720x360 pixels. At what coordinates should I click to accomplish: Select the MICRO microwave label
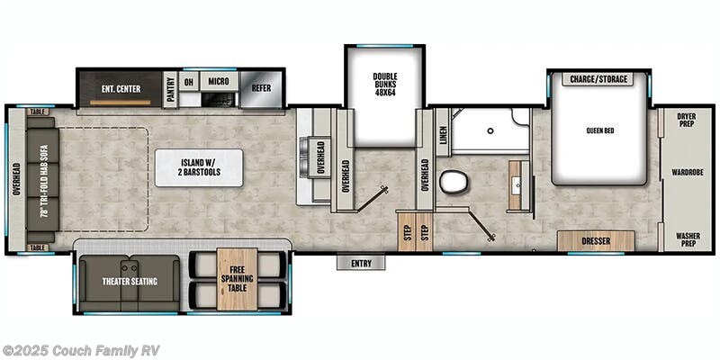(x=218, y=80)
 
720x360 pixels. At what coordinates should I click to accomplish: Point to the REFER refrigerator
(x=261, y=87)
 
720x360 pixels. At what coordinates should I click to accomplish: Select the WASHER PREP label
(x=688, y=240)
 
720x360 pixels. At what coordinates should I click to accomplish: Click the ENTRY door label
(x=361, y=263)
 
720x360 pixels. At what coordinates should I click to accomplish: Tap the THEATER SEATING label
(x=129, y=282)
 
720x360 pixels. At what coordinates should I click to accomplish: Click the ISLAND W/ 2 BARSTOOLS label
(x=198, y=167)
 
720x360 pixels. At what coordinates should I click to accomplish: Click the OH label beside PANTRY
(x=189, y=80)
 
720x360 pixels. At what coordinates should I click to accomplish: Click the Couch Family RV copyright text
(x=80, y=350)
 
